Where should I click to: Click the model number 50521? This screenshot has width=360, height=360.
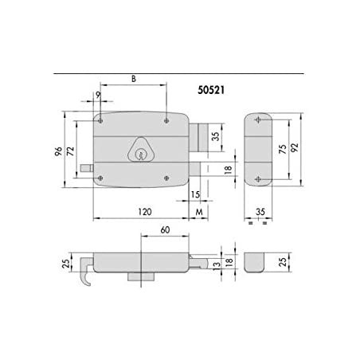[211, 90]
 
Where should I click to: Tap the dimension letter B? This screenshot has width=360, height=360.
[134, 79]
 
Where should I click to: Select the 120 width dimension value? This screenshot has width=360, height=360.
[145, 212]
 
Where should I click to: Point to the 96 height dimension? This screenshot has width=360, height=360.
[58, 151]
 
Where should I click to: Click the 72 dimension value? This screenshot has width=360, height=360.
[70, 151]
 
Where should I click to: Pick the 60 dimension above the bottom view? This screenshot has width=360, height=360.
[165, 230]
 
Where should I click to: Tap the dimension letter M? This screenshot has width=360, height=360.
[199, 212]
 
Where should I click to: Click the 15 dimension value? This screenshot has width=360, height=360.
[195, 194]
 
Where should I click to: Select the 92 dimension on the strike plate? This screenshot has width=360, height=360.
[295, 147]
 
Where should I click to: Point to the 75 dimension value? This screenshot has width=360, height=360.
[283, 149]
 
